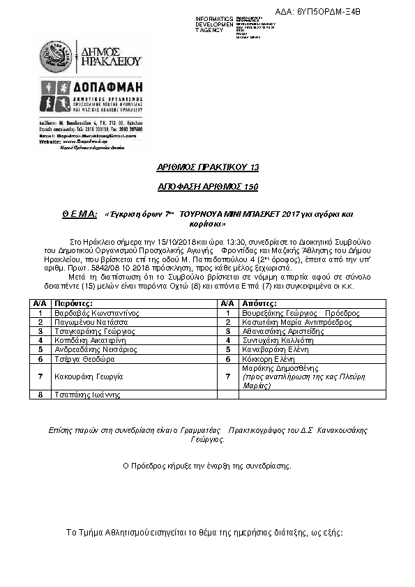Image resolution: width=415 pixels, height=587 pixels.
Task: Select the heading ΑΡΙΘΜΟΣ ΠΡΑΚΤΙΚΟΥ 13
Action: [207, 168]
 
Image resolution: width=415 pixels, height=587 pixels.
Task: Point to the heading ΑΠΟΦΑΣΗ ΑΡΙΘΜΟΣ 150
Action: [207, 188]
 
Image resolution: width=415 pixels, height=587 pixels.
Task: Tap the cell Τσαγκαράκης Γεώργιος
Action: [95, 332]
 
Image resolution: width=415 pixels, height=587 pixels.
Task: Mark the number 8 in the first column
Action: [40, 395]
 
